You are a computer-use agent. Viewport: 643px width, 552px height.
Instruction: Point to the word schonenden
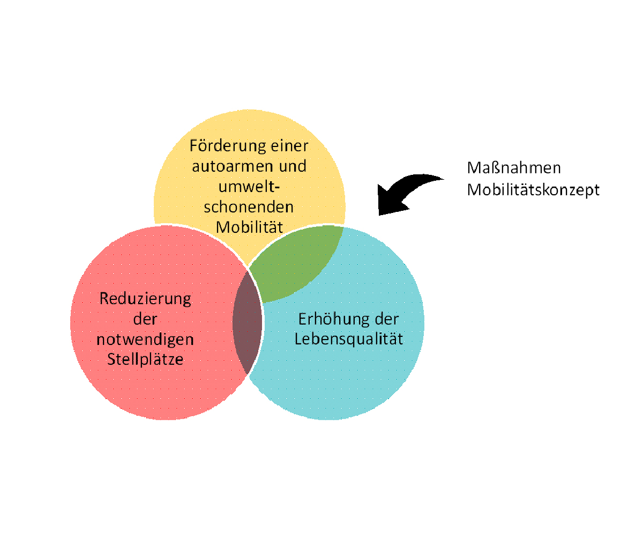[x=249, y=207]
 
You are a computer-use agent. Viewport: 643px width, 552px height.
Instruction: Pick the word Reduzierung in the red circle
[x=145, y=299]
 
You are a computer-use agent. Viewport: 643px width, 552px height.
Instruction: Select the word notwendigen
[x=145, y=340]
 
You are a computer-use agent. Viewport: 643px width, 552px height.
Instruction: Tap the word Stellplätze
[x=145, y=359]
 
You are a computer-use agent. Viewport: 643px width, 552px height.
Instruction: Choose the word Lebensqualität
[x=349, y=340]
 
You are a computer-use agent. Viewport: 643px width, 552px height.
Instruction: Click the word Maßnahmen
[x=514, y=168]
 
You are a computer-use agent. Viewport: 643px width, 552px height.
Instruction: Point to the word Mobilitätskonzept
[x=533, y=190]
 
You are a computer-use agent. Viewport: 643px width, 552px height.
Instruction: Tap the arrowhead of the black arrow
[x=387, y=201]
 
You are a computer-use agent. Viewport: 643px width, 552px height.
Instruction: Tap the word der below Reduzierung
[x=145, y=319]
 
